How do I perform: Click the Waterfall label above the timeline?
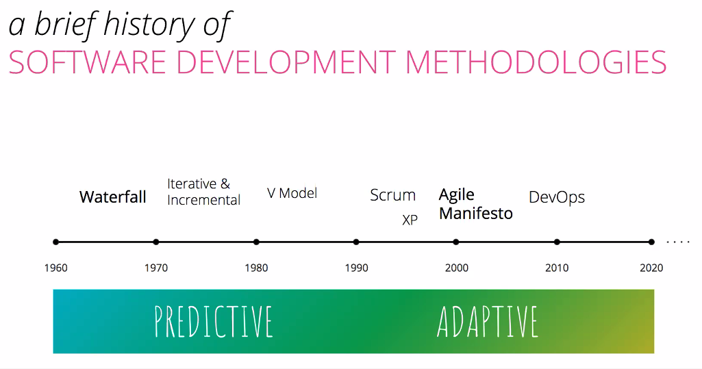coord(113,196)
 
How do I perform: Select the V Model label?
coord(292,193)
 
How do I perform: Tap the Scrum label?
coord(392,195)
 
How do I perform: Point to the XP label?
coord(410,220)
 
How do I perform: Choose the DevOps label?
coord(557,197)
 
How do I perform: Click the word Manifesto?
coord(476,214)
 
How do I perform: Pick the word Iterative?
coord(192,184)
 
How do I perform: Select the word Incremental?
coord(203,199)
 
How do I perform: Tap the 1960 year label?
coord(56,268)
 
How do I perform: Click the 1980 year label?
coord(256,268)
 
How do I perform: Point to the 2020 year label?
coord(651,268)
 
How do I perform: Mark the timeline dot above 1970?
coord(155,242)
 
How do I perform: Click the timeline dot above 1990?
coord(356,242)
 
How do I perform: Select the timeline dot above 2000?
coord(455,242)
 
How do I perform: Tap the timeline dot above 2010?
coord(557,242)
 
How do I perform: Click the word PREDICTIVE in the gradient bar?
coord(214,321)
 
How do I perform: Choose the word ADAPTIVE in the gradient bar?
coord(487,321)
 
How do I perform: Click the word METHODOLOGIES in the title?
coord(536,62)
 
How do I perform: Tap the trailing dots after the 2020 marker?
coord(678,242)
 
